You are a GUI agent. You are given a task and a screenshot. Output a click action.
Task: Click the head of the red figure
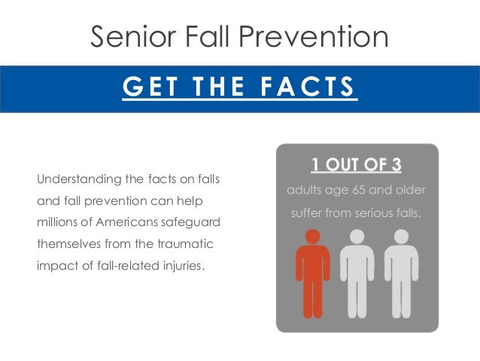(x=312, y=236)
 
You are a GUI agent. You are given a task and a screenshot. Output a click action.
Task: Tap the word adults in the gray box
(x=303, y=190)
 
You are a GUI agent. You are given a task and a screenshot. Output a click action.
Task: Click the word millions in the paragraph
(x=55, y=224)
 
